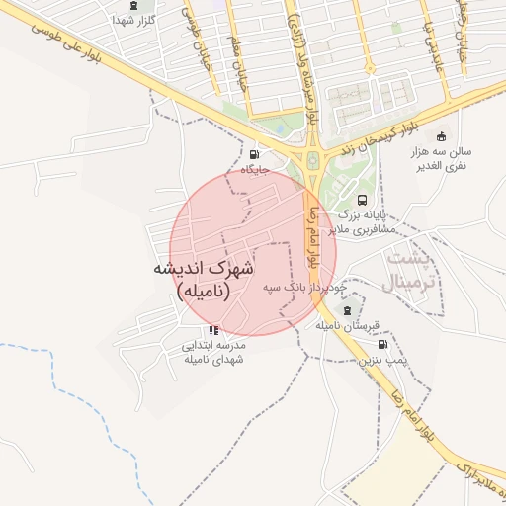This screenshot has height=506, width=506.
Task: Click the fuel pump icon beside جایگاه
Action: click(x=256, y=154)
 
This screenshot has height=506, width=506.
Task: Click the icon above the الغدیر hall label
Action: click(x=441, y=136)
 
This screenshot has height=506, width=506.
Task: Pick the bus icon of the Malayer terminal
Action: click(x=361, y=200)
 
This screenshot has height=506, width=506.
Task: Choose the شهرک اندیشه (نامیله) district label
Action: click(x=203, y=280)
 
